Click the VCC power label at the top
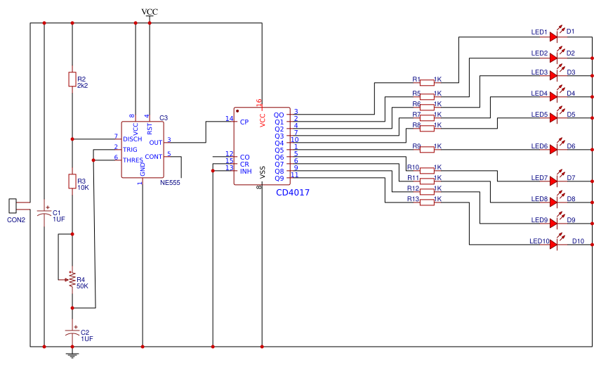pyautogui.click(x=150, y=12)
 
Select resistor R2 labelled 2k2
pyautogui.click(x=72, y=79)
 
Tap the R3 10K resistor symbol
pyautogui.click(x=72, y=181)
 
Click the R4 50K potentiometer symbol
pyautogui.click(x=70, y=280)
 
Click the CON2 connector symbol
pyautogui.click(x=13, y=206)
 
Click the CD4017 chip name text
pyautogui.click(x=293, y=192)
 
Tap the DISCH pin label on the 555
pyautogui.click(x=133, y=139)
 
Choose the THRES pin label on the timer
pyautogui.click(x=133, y=160)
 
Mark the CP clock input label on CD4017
pyautogui.click(x=244, y=122)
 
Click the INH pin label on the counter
pyautogui.click(x=246, y=171)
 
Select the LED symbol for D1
pyautogui.click(x=555, y=37)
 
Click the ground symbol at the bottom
pyautogui.click(x=72, y=354)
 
